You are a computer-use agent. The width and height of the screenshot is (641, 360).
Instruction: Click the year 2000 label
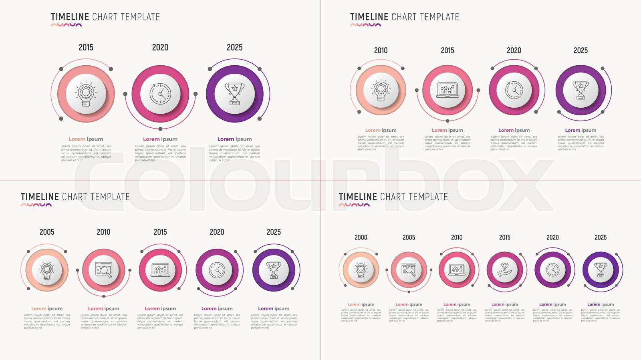(x=361, y=237)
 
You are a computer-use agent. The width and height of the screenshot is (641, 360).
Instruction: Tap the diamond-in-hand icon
(x=505, y=269)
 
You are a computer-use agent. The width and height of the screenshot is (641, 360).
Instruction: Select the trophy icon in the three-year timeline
(x=235, y=94)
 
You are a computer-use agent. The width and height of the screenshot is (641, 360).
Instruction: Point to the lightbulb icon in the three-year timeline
(x=86, y=94)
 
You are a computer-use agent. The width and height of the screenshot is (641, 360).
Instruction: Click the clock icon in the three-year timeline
(x=160, y=94)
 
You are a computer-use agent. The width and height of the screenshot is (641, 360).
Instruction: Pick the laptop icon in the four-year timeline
(x=447, y=90)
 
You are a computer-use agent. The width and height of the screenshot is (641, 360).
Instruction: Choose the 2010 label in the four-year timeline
(x=381, y=50)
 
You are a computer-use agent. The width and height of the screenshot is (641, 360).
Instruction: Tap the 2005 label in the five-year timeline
(x=47, y=232)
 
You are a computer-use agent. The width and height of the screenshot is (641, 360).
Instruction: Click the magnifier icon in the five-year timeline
(x=104, y=270)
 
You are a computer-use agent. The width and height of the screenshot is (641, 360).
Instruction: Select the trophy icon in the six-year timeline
(x=601, y=269)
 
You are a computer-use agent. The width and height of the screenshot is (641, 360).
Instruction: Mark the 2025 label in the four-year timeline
(x=581, y=50)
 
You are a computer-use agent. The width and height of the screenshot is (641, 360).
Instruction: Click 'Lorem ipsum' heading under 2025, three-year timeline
(x=235, y=139)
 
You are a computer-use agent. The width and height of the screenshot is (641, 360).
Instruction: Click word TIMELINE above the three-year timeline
(x=70, y=17)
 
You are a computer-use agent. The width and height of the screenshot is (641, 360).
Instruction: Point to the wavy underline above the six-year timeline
(x=354, y=205)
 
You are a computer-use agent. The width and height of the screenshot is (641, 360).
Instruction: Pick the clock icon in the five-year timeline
(x=217, y=270)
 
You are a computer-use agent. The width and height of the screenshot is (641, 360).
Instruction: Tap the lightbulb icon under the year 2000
(x=361, y=269)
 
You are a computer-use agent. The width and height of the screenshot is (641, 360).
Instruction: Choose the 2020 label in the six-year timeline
(x=552, y=237)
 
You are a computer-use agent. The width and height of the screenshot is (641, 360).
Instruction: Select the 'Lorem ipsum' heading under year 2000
(x=361, y=305)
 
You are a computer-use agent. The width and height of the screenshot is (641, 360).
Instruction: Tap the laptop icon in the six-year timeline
(x=457, y=269)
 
